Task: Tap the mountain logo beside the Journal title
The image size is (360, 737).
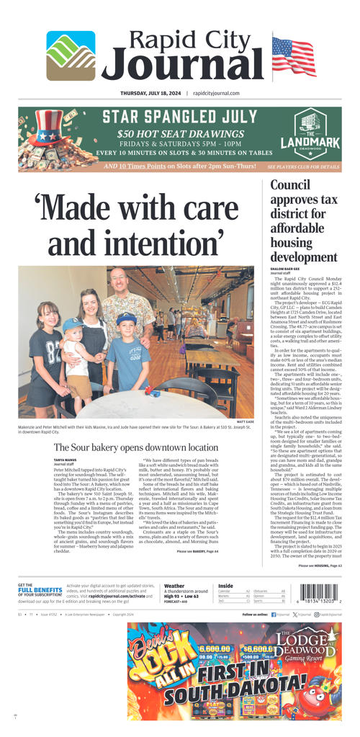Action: (x=71, y=55)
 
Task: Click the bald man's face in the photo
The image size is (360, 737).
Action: (x=120, y=282)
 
